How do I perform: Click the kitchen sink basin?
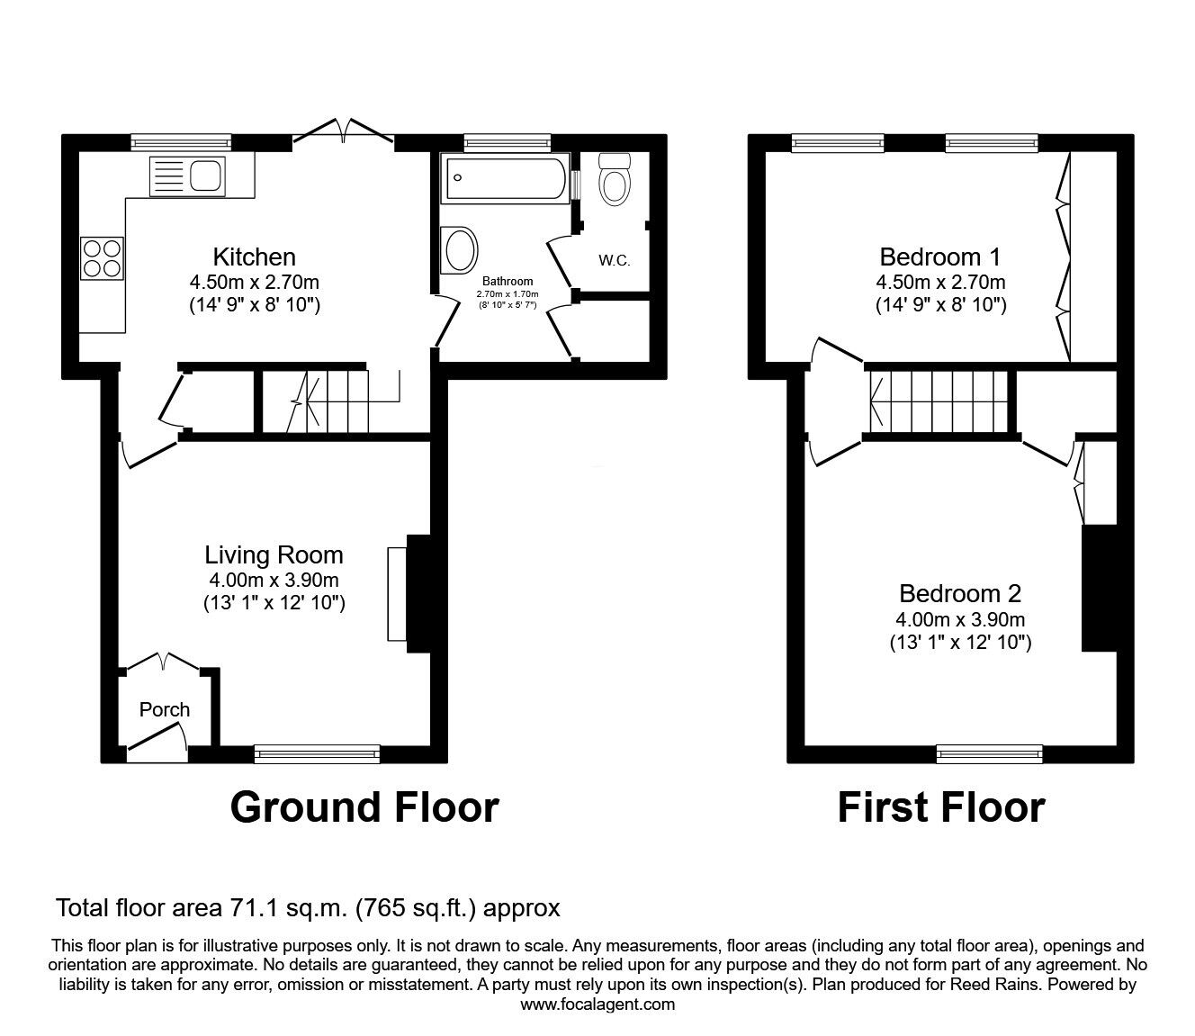(x=205, y=176)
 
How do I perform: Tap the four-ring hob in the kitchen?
(x=103, y=258)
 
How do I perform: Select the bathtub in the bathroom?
(x=506, y=178)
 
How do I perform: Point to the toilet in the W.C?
(x=614, y=178)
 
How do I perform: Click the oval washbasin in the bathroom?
(x=460, y=250)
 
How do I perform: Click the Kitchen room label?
(x=255, y=257)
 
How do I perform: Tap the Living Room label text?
(x=274, y=555)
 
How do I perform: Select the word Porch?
(x=164, y=710)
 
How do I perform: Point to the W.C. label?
(x=614, y=261)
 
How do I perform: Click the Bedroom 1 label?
(x=940, y=257)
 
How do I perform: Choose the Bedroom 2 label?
(x=960, y=593)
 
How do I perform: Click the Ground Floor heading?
(x=364, y=807)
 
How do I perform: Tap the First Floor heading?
(x=941, y=807)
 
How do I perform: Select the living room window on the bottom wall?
(x=317, y=753)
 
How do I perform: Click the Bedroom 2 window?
(x=989, y=753)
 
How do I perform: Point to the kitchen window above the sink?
(x=181, y=142)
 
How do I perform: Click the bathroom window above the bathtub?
(x=507, y=142)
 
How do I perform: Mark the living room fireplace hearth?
(x=397, y=594)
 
